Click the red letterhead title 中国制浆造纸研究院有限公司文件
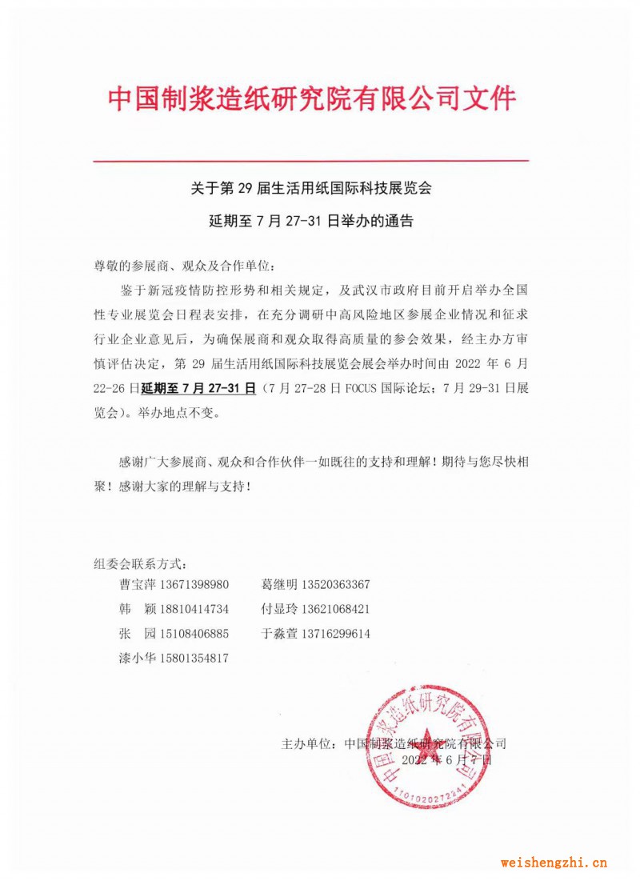[x=312, y=99]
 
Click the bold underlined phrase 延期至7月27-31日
[x=198, y=389]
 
